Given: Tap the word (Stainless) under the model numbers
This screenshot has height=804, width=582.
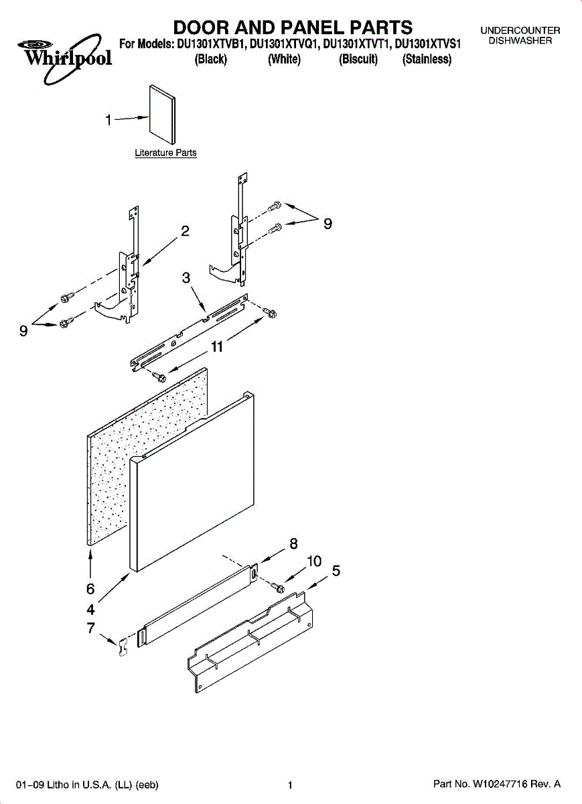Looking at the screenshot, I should click(x=427, y=60).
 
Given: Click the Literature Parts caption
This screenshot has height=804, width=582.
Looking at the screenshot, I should click(x=165, y=153).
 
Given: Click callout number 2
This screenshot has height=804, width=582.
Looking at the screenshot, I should click(x=185, y=232).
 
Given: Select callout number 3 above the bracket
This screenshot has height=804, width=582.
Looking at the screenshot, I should click(x=187, y=278).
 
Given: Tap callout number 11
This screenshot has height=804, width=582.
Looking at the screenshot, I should click(x=216, y=346).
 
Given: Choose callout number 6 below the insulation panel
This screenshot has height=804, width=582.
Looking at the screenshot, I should click(x=90, y=589).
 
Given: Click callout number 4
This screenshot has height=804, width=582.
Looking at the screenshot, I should click(x=90, y=610).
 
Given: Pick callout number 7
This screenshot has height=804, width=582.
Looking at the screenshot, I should click(x=90, y=628).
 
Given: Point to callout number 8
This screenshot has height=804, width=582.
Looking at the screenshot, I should click(x=293, y=545).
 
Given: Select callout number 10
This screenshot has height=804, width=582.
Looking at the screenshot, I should click(x=314, y=561).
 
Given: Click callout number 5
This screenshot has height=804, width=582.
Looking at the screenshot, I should click(x=336, y=571).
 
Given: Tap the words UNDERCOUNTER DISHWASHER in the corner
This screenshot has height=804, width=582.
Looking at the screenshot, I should click(x=520, y=36).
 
